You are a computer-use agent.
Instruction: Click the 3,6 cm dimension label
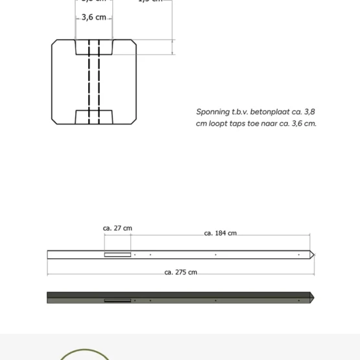(93, 17)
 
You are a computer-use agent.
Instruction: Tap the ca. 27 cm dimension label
(117, 228)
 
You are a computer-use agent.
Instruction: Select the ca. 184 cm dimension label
(220, 233)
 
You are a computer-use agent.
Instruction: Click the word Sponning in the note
(213, 112)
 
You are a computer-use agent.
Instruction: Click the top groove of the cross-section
(94, 47)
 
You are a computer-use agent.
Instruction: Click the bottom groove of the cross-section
(94, 117)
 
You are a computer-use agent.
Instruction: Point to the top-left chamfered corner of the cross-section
(54, 43)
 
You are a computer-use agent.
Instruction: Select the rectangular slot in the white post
(117, 254)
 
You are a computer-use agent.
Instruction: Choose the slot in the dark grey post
(117, 300)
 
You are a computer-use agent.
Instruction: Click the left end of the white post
(49, 254)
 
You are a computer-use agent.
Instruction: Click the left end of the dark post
(49, 297)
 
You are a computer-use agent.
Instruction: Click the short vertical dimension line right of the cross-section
(173, 47)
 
